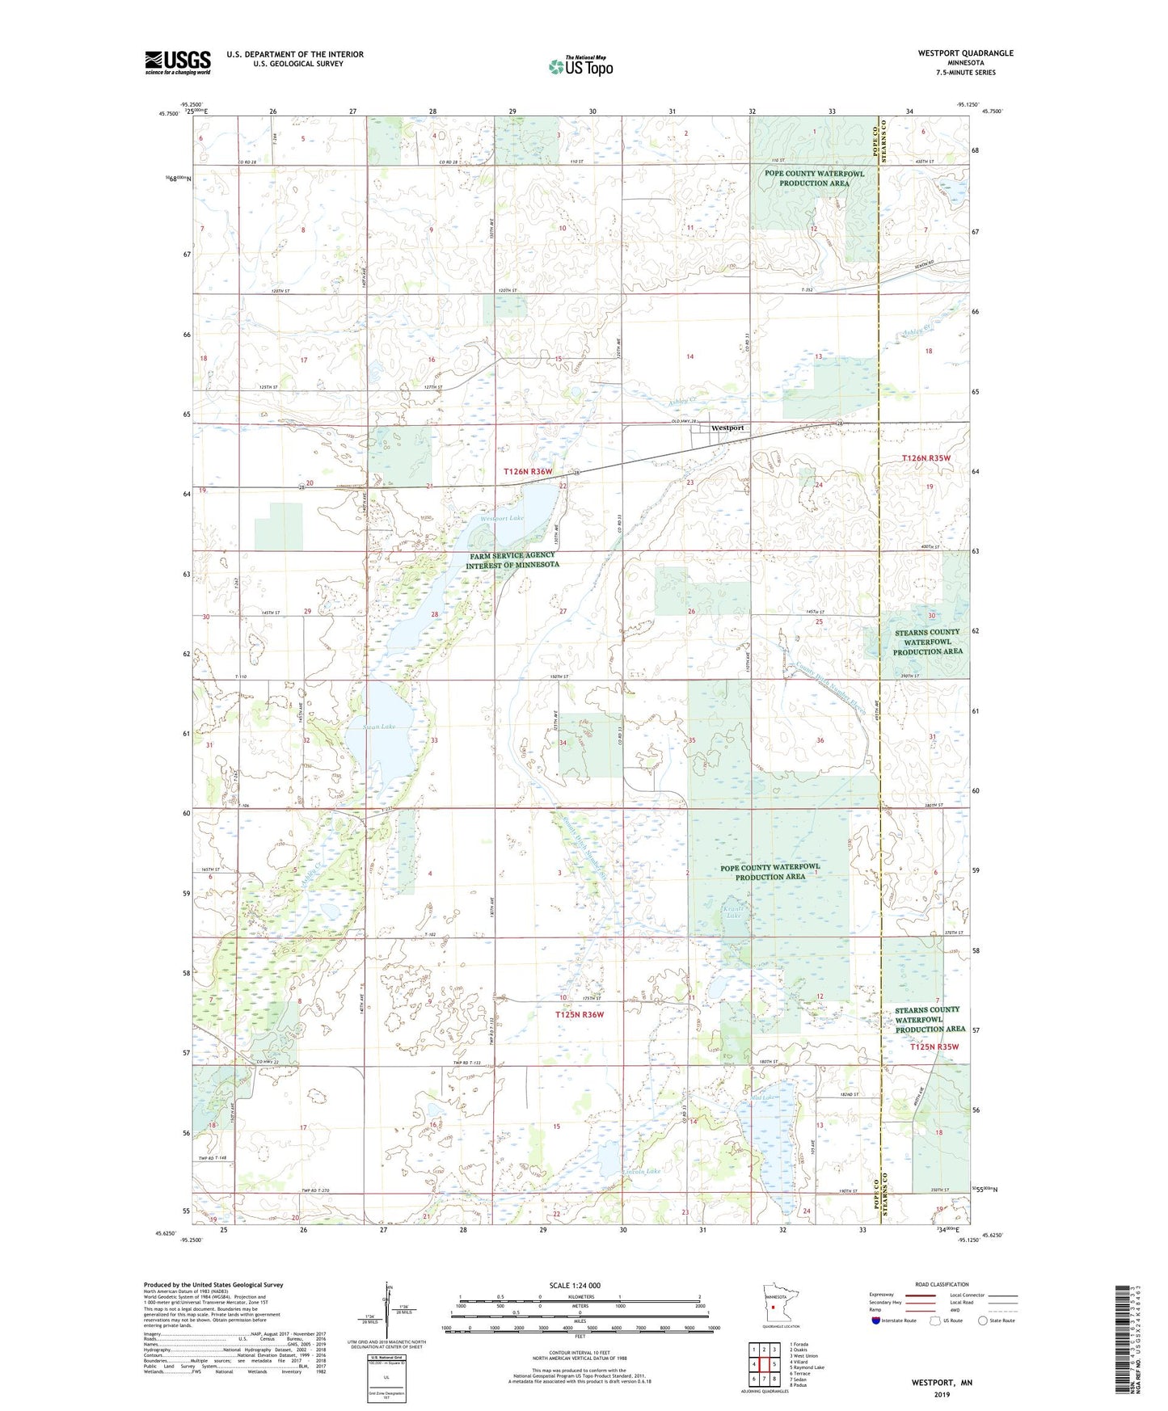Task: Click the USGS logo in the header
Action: coord(178,62)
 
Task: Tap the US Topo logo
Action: coord(580,65)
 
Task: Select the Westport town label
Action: coord(727,428)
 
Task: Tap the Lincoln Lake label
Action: coord(642,1171)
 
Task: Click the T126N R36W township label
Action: coord(529,471)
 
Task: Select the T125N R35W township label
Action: coord(934,1047)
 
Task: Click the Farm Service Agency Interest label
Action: coord(512,560)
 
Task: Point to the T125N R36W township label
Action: coord(580,1014)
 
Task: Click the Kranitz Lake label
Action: coord(732,912)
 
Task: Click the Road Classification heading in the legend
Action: coord(942,1284)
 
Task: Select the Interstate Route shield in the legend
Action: coord(876,1320)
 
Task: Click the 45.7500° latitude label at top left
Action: coord(170,114)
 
